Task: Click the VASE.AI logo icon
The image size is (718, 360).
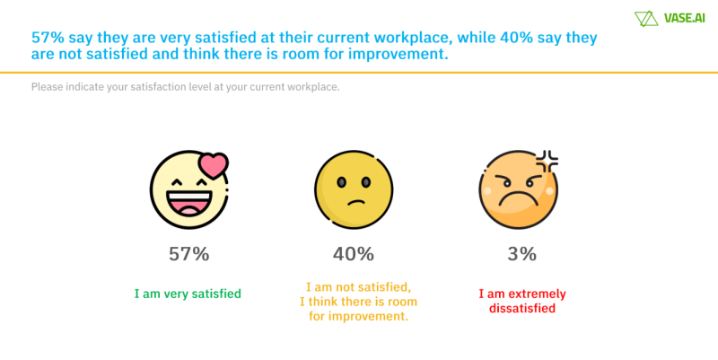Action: (645, 18)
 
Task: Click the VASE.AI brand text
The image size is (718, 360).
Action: (680, 18)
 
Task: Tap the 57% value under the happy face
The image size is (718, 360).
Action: (188, 254)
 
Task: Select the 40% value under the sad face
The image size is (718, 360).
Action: (353, 254)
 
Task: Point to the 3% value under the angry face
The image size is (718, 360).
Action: (521, 254)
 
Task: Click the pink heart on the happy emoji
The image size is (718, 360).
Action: (214, 165)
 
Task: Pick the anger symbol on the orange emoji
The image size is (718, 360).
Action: (547, 162)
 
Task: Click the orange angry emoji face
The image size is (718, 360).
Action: (518, 189)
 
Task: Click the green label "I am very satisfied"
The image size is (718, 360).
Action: (188, 294)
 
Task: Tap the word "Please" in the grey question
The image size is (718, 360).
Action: (48, 87)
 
